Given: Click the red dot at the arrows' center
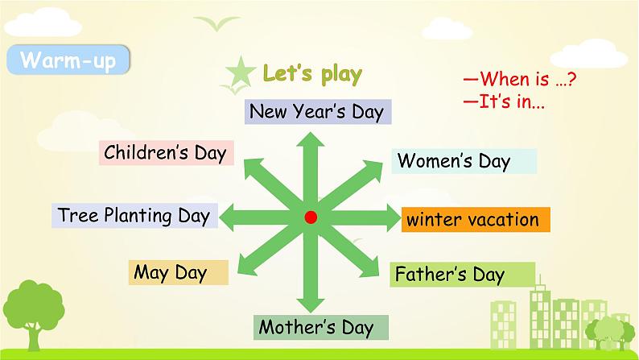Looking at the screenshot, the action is click(311, 217).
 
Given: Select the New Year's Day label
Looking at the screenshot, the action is click(318, 112).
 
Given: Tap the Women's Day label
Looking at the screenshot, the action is click(464, 161).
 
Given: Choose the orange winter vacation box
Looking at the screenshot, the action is click(476, 220).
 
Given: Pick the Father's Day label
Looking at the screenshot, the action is click(462, 275).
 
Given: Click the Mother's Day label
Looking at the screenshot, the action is click(321, 327).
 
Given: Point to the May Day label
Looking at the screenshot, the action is click(179, 272).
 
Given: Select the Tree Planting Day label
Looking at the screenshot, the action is click(134, 215).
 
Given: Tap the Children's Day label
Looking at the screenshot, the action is click(167, 153).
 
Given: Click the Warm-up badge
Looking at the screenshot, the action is click(68, 60).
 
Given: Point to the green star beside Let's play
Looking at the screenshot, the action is click(241, 72).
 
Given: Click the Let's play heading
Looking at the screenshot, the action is click(312, 74).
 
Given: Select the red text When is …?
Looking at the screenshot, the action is click(520, 78).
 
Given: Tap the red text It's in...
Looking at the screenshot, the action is click(504, 101).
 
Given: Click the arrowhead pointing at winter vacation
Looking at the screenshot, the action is click(393, 217).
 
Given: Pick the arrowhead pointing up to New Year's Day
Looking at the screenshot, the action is click(311, 139).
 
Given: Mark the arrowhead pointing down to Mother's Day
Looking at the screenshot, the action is click(311, 305).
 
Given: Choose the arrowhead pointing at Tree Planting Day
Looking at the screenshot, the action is click(227, 217).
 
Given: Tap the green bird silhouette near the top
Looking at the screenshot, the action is click(216, 23).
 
